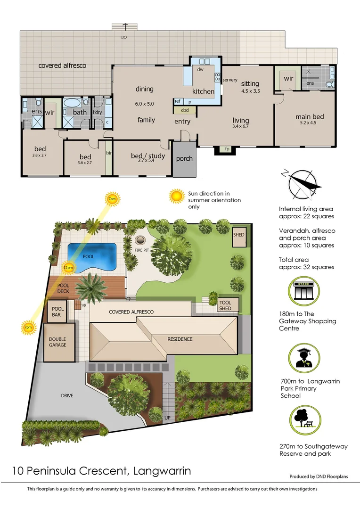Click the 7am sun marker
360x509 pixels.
click(112, 199)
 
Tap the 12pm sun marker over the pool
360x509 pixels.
click(68, 268)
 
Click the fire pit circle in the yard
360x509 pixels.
click(141, 239)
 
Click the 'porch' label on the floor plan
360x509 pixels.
click(184, 159)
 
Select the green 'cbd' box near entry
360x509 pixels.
click(185, 110)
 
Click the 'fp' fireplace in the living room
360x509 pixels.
click(227, 149)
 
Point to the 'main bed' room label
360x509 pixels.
click(310, 117)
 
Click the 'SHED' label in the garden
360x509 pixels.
click(239, 235)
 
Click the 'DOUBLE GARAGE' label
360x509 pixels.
click(58, 342)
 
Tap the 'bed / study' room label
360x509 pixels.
click(148, 156)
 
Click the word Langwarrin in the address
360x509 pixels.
click(163, 470)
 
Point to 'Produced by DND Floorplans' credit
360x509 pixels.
click(319, 476)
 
